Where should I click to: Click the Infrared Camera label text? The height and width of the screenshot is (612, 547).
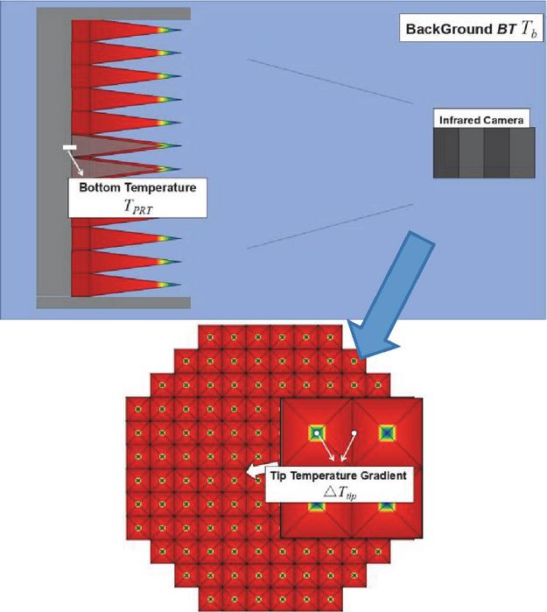click(481, 120)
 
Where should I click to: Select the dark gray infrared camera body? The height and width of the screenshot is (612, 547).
click(484, 152)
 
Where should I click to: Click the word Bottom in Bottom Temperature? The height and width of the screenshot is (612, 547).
click(100, 187)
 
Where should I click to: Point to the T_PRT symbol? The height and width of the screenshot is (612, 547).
click(138, 207)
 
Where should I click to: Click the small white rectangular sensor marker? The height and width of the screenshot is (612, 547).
click(70, 147)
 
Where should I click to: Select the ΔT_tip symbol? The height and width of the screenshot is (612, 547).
click(340, 492)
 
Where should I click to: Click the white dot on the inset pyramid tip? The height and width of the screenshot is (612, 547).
click(317, 433)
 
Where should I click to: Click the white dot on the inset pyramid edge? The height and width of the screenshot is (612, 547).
click(354, 433)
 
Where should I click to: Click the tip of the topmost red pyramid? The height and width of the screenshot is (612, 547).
click(181, 30)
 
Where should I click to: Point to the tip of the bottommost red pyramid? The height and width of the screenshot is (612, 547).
click(181, 285)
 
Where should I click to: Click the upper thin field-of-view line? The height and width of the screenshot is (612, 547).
click(329, 81)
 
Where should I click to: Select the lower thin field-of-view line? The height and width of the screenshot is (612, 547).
click(330, 227)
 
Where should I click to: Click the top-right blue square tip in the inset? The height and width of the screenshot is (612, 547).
click(387, 433)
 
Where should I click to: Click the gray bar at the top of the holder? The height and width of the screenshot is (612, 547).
click(114, 14)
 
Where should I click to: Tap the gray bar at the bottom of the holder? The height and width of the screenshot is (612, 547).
click(114, 302)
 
